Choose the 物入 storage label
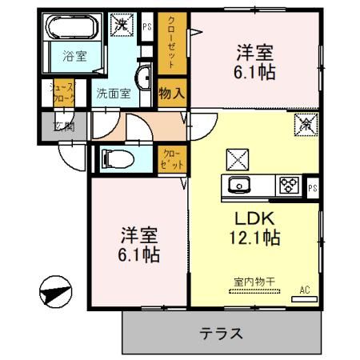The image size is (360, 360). click(x=172, y=92)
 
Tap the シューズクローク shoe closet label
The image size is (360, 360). click(x=62, y=92)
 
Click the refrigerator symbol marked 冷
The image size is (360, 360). click(x=305, y=124)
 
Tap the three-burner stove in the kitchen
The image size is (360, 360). click(x=287, y=186)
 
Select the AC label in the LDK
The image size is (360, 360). click(x=305, y=289)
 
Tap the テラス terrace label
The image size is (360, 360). click(x=221, y=333)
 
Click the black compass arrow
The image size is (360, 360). click(x=52, y=293)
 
